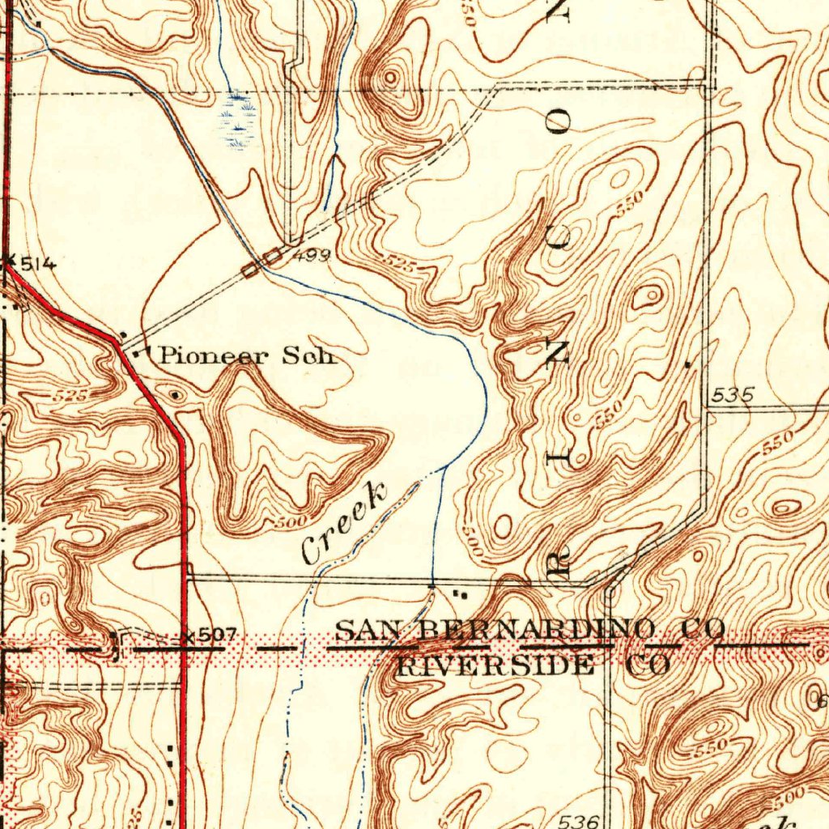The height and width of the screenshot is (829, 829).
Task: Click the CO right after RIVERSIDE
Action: [x=648, y=666]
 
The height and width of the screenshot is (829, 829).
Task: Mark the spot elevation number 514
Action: [x=37, y=263]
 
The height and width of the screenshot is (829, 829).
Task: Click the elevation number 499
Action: [x=312, y=257]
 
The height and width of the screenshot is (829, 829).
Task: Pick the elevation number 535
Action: [x=733, y=396]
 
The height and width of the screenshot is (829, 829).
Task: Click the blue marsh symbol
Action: [x=238, y=121]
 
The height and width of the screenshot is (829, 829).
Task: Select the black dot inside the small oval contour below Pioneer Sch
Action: [x=176, y=394]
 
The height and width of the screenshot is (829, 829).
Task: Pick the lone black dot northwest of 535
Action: [x=687, y=365]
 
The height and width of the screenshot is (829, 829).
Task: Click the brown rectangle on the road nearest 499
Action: [x=274, y=257]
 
